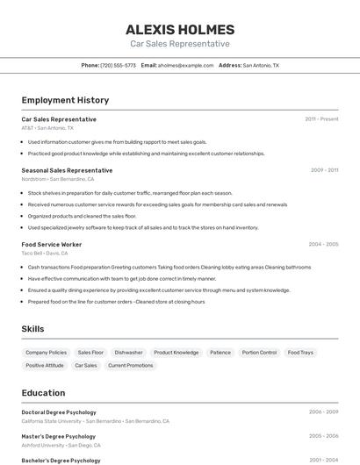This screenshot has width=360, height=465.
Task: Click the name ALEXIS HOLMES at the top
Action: pyautogui.click(x=180, y=29)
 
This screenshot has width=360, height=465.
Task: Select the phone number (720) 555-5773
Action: pyautogui.click(x=118, y=65)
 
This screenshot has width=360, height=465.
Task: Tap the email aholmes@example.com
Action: pyautogui.click(x=185, y=65)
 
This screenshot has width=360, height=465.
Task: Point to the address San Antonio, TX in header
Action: pyautogui.click(x=261, y=65)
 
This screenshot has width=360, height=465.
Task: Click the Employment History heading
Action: pyautogui.click(x=65, y=100)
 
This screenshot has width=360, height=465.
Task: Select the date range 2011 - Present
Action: pyautogui.click(x=321, y=119)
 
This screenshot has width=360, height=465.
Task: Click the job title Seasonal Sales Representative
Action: pyautogui.click(x=67, y=170)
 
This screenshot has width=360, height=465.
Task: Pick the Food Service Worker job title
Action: pyautogui.click(x=52, y=244)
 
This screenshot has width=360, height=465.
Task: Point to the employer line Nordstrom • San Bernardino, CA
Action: pyautogui.click(x=58, y=179)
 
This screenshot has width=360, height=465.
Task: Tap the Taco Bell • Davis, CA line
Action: pyautogui.click(x=45, y=253)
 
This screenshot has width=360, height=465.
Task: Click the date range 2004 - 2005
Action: pyautogui.click(x=322, y=244)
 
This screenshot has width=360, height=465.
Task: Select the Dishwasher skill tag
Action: pyautogui.click(x=128, y=352)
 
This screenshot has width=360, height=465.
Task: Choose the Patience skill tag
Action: pyautogui.click(x=220, y=352)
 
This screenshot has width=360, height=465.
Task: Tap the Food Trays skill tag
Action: pyautogui.click(x=300, y=352)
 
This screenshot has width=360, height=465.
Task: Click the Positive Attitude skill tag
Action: pyautogui.click(x=45, y=365)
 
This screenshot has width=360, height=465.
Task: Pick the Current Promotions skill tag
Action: pyautogui.click(x=131, y=365)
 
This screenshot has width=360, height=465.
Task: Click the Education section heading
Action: pyautogui.click(x=43, y=393)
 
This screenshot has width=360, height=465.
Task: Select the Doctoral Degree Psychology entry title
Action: pyautogui.click(x=59, y=412)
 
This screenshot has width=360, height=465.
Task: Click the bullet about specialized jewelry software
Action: pyautogui.click(x=142, y=227)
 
